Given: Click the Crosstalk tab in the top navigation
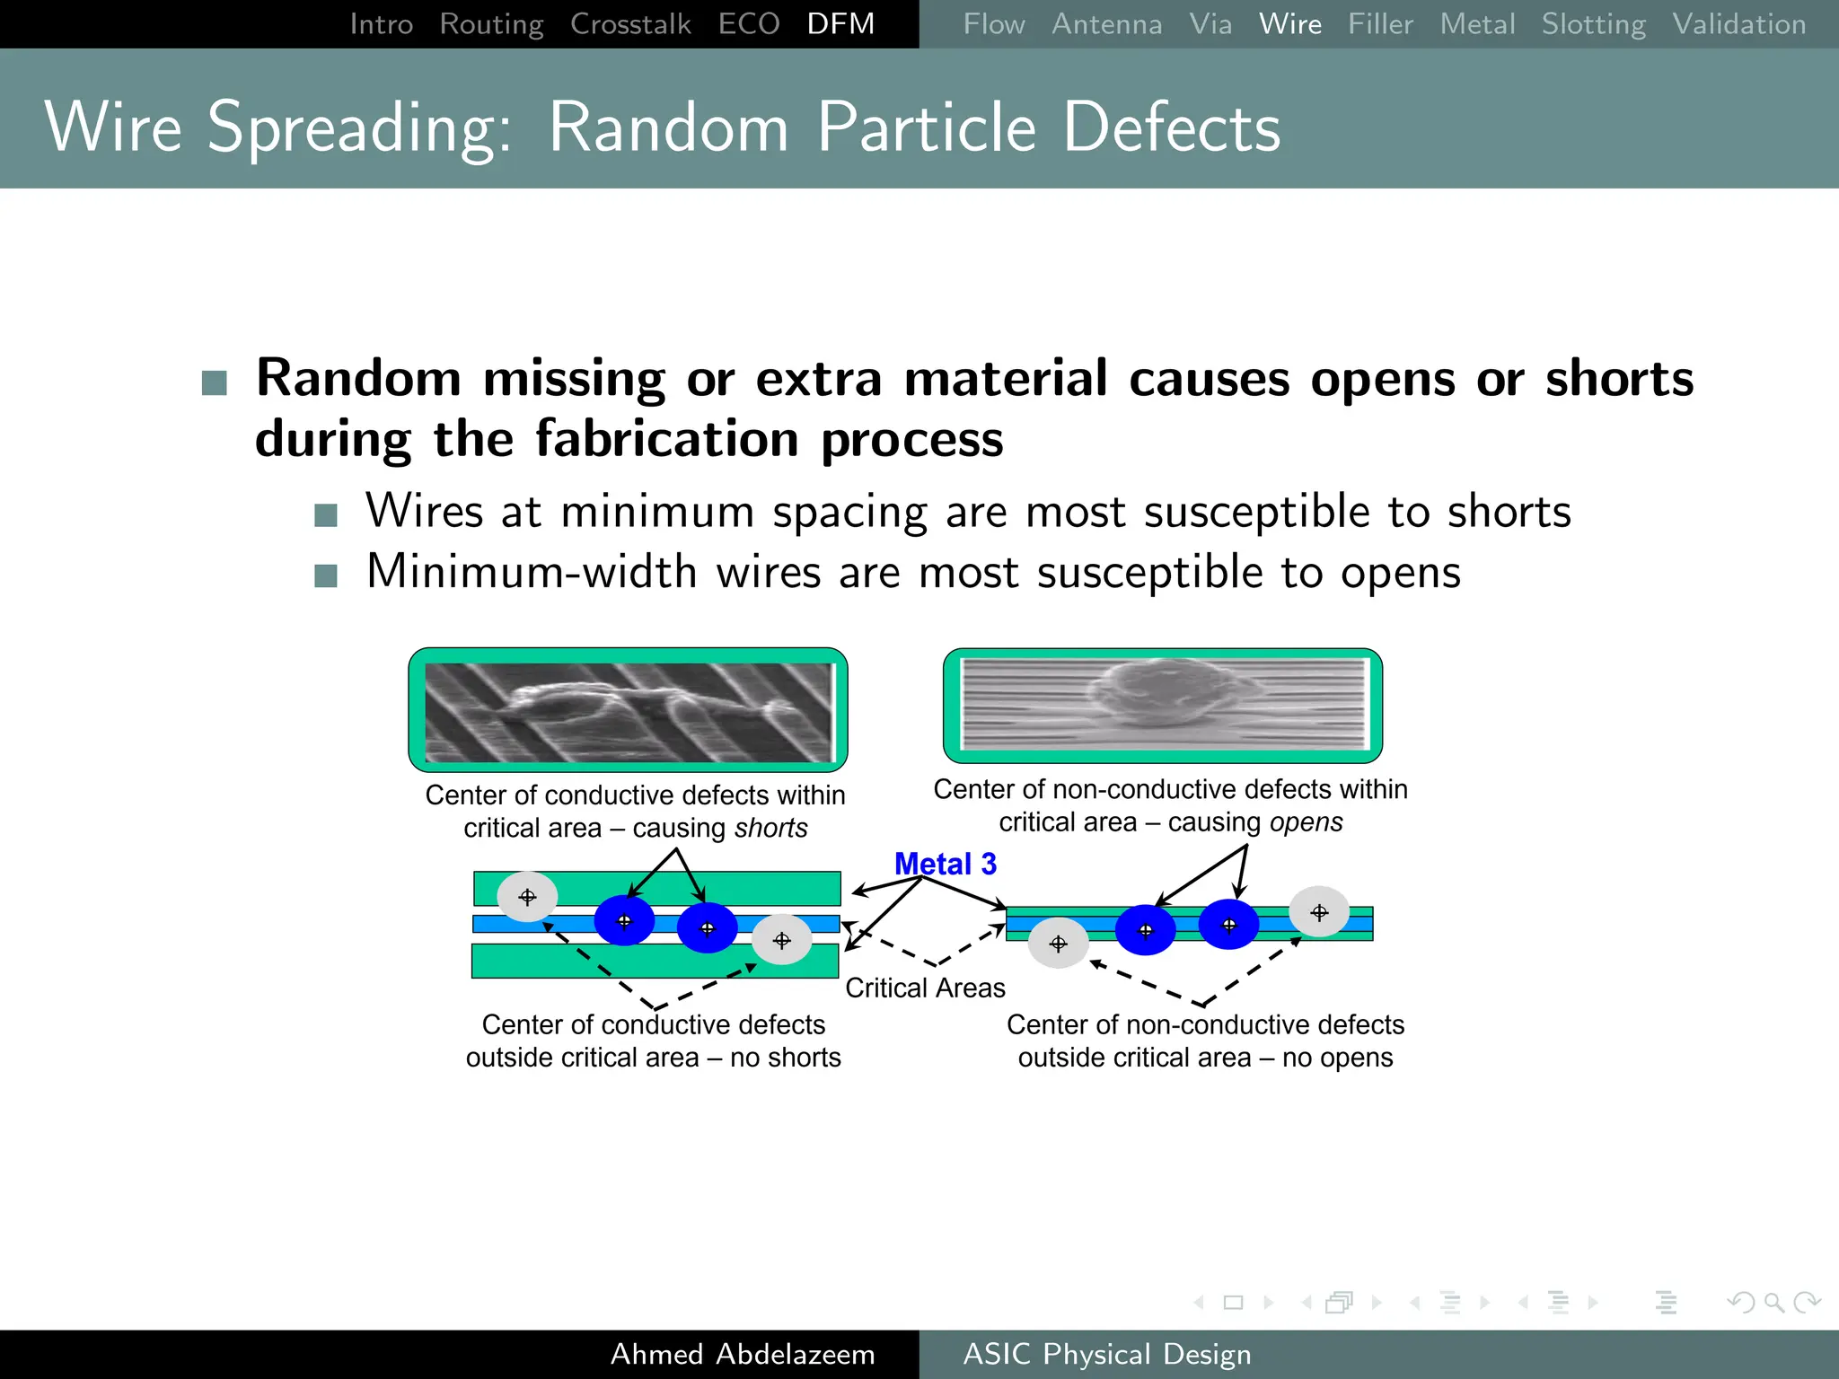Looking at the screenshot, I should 630,24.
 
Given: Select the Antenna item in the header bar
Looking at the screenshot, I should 1106,24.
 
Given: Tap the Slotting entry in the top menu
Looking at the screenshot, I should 1593,24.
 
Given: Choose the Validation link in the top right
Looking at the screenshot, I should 1738,24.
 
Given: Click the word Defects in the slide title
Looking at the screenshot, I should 1171,127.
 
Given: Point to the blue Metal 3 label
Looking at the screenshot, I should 945,864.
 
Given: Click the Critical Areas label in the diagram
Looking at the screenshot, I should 925,988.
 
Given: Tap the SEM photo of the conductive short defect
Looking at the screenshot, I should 629,711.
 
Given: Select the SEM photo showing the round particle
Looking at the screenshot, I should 1162,706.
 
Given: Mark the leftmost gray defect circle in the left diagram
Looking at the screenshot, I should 527,896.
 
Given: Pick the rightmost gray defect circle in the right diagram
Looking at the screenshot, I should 1318,912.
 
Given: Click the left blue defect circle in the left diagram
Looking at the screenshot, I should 624,920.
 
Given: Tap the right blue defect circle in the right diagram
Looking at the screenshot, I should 1228,925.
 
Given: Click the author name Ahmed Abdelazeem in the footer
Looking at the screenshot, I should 742,1354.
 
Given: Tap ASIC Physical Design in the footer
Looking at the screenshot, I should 1106,1354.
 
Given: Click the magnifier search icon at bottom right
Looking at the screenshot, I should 1773,1302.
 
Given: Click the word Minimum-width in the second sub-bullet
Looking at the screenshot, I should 532,572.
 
